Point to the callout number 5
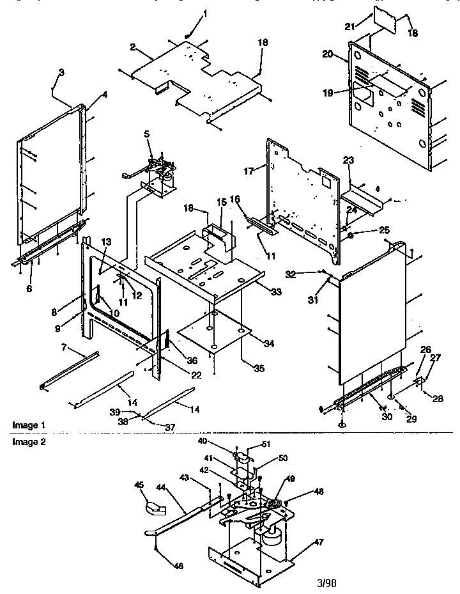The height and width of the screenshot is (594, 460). point(146,134)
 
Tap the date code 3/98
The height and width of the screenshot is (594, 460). point(326,583)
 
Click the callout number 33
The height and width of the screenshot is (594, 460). point(275,292)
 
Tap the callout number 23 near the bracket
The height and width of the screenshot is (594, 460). point(348,160)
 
